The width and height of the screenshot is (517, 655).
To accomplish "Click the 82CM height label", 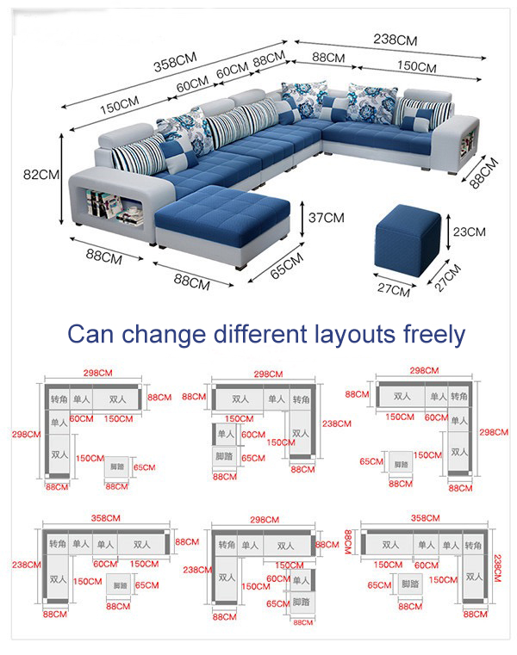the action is point(40,174).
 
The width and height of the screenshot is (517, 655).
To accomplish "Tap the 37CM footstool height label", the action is point(327,218).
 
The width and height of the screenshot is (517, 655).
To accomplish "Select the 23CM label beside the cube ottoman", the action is point(469,232).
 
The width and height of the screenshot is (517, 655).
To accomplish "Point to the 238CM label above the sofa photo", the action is point(396,40).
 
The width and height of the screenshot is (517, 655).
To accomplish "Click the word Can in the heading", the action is point(88,334).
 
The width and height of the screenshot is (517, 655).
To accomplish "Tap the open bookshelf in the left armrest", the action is point(110,204).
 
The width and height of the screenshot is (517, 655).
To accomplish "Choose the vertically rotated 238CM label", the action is point(498,569).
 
